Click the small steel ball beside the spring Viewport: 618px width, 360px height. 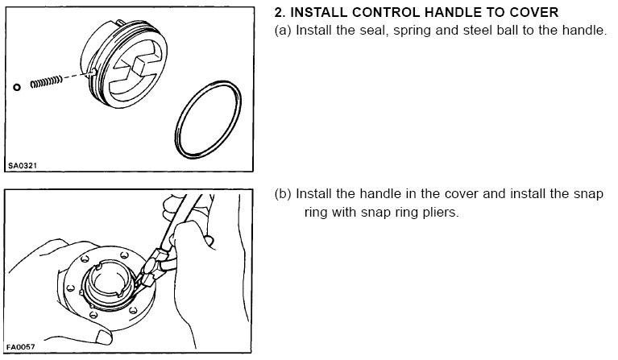[x=17, y=87]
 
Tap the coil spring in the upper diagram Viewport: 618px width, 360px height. [x=47, y=82]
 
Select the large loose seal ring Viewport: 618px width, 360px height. [x=208, y=120]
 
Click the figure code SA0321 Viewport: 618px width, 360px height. [x=23, y=166]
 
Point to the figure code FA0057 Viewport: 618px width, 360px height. [x=21, y=347]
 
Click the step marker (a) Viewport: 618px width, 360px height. [x=283, y=31]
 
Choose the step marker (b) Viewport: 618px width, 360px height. [x=283, y=194]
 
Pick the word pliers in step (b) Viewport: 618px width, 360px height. [x=442, y=213]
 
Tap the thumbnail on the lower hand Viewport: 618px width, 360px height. [x=104, y=337]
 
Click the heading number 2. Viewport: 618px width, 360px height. [x=280, y=13]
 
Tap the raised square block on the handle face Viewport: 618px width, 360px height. [x=143, y=64]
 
